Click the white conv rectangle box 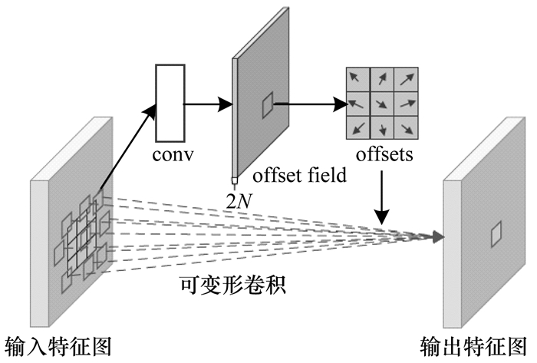(170, 104)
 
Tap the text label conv (173, 155)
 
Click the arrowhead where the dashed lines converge (438, 237)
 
